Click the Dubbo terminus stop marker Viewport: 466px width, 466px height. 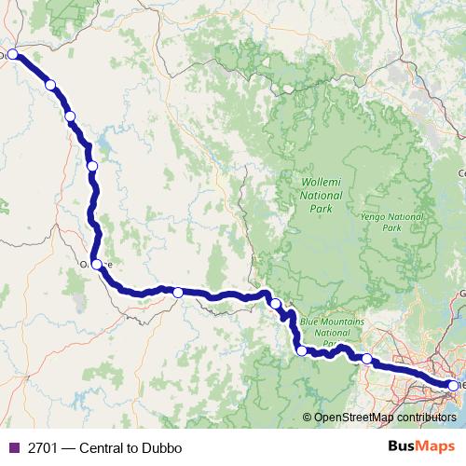pyautogui.click(x=14, y=54)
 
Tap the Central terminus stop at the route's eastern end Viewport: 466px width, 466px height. pyautogui.click(x=454, y=385)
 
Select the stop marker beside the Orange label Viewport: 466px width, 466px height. pyautogui.click(x=96, y=264)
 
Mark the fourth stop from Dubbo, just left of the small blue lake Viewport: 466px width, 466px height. pyautogui.click(x=91, y=166)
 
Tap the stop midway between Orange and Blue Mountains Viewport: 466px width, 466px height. pyautogui.click(x=178, y=293)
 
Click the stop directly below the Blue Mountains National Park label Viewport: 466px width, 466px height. pyautogui.click(x=301, y=350)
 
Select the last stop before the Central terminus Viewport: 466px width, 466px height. pyautogui.click(x=367, y=359)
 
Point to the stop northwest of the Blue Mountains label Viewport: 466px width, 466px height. pyautogui.click(x=276, y=303)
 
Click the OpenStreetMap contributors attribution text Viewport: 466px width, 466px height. pyautogui.click(x=384, y=418)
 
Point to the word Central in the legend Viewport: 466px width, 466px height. pyautogui.click(x=106, y=447)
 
